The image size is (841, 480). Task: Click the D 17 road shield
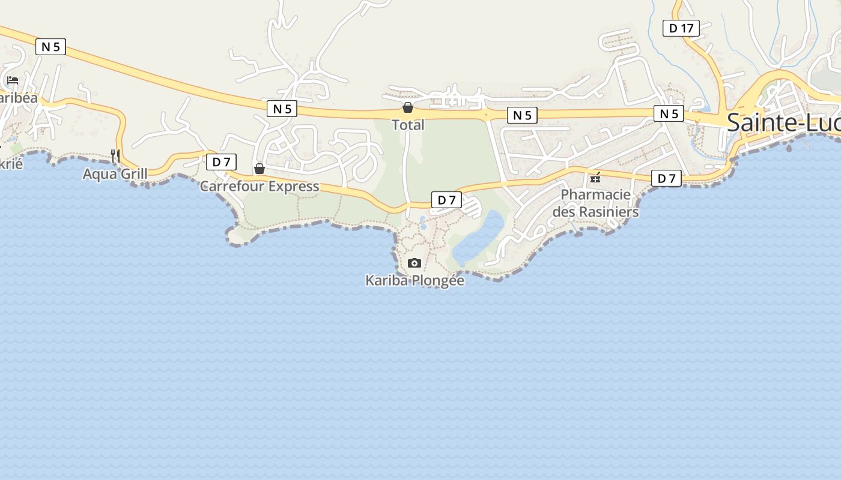681,28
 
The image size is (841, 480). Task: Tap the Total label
408,125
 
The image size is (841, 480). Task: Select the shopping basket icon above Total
408,108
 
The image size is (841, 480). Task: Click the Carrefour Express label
260,186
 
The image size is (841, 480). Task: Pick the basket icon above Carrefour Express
260,169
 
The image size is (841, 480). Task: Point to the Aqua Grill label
115,174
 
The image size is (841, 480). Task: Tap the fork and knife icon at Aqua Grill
115,156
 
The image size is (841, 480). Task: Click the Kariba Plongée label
414,280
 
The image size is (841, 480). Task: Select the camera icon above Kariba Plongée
414,263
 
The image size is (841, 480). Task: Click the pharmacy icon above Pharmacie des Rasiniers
595,178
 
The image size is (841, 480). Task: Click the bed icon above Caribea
12,80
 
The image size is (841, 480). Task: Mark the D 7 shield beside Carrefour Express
221,162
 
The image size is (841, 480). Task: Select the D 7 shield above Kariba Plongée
446,200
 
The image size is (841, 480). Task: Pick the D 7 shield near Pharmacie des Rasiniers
666,178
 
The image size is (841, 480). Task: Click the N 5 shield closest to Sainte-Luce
669,114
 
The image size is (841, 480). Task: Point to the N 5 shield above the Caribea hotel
50,47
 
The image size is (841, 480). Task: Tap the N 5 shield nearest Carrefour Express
282,109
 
